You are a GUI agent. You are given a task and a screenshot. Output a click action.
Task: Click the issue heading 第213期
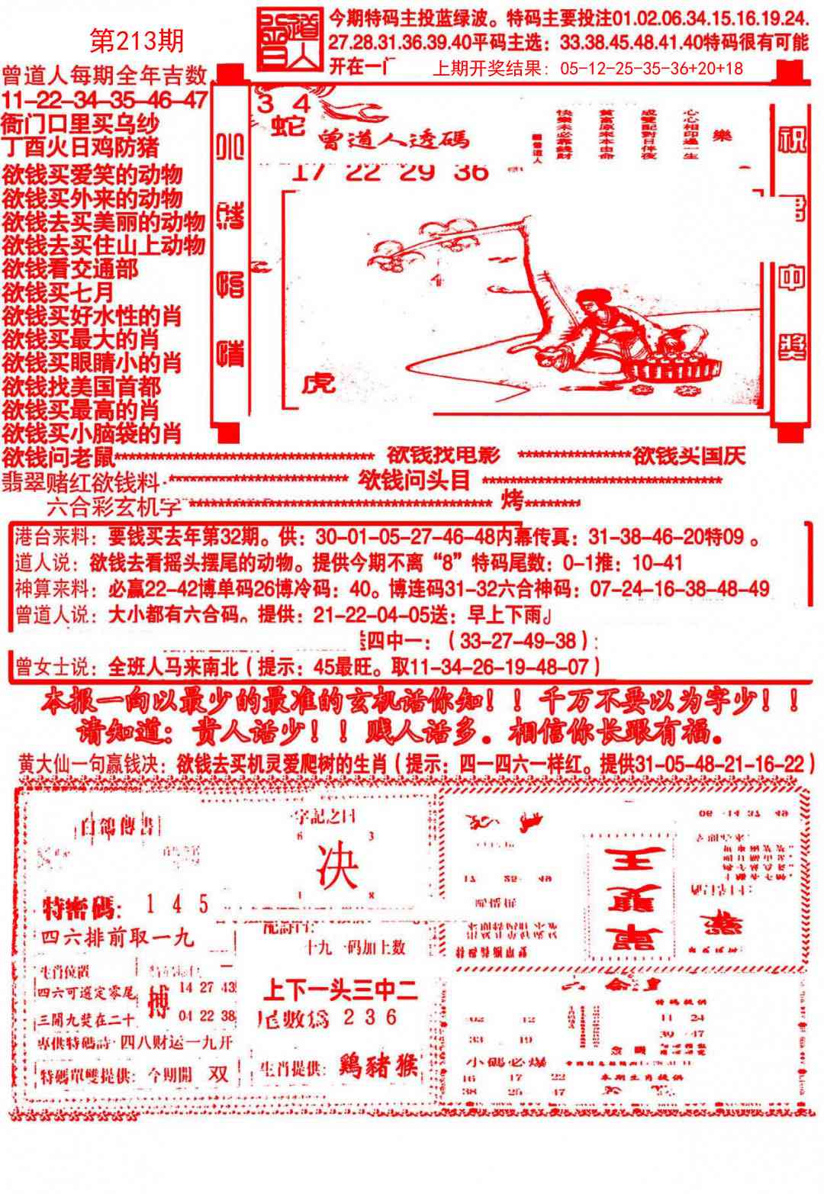point(137,40)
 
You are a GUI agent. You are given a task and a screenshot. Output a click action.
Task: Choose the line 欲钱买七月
point(58,292)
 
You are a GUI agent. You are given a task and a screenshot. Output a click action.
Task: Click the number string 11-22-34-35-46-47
point(105,99)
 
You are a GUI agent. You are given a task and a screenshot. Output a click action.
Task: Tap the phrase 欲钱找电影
point(443,455)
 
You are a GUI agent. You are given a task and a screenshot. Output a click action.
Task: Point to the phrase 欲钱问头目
point(414,481)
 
